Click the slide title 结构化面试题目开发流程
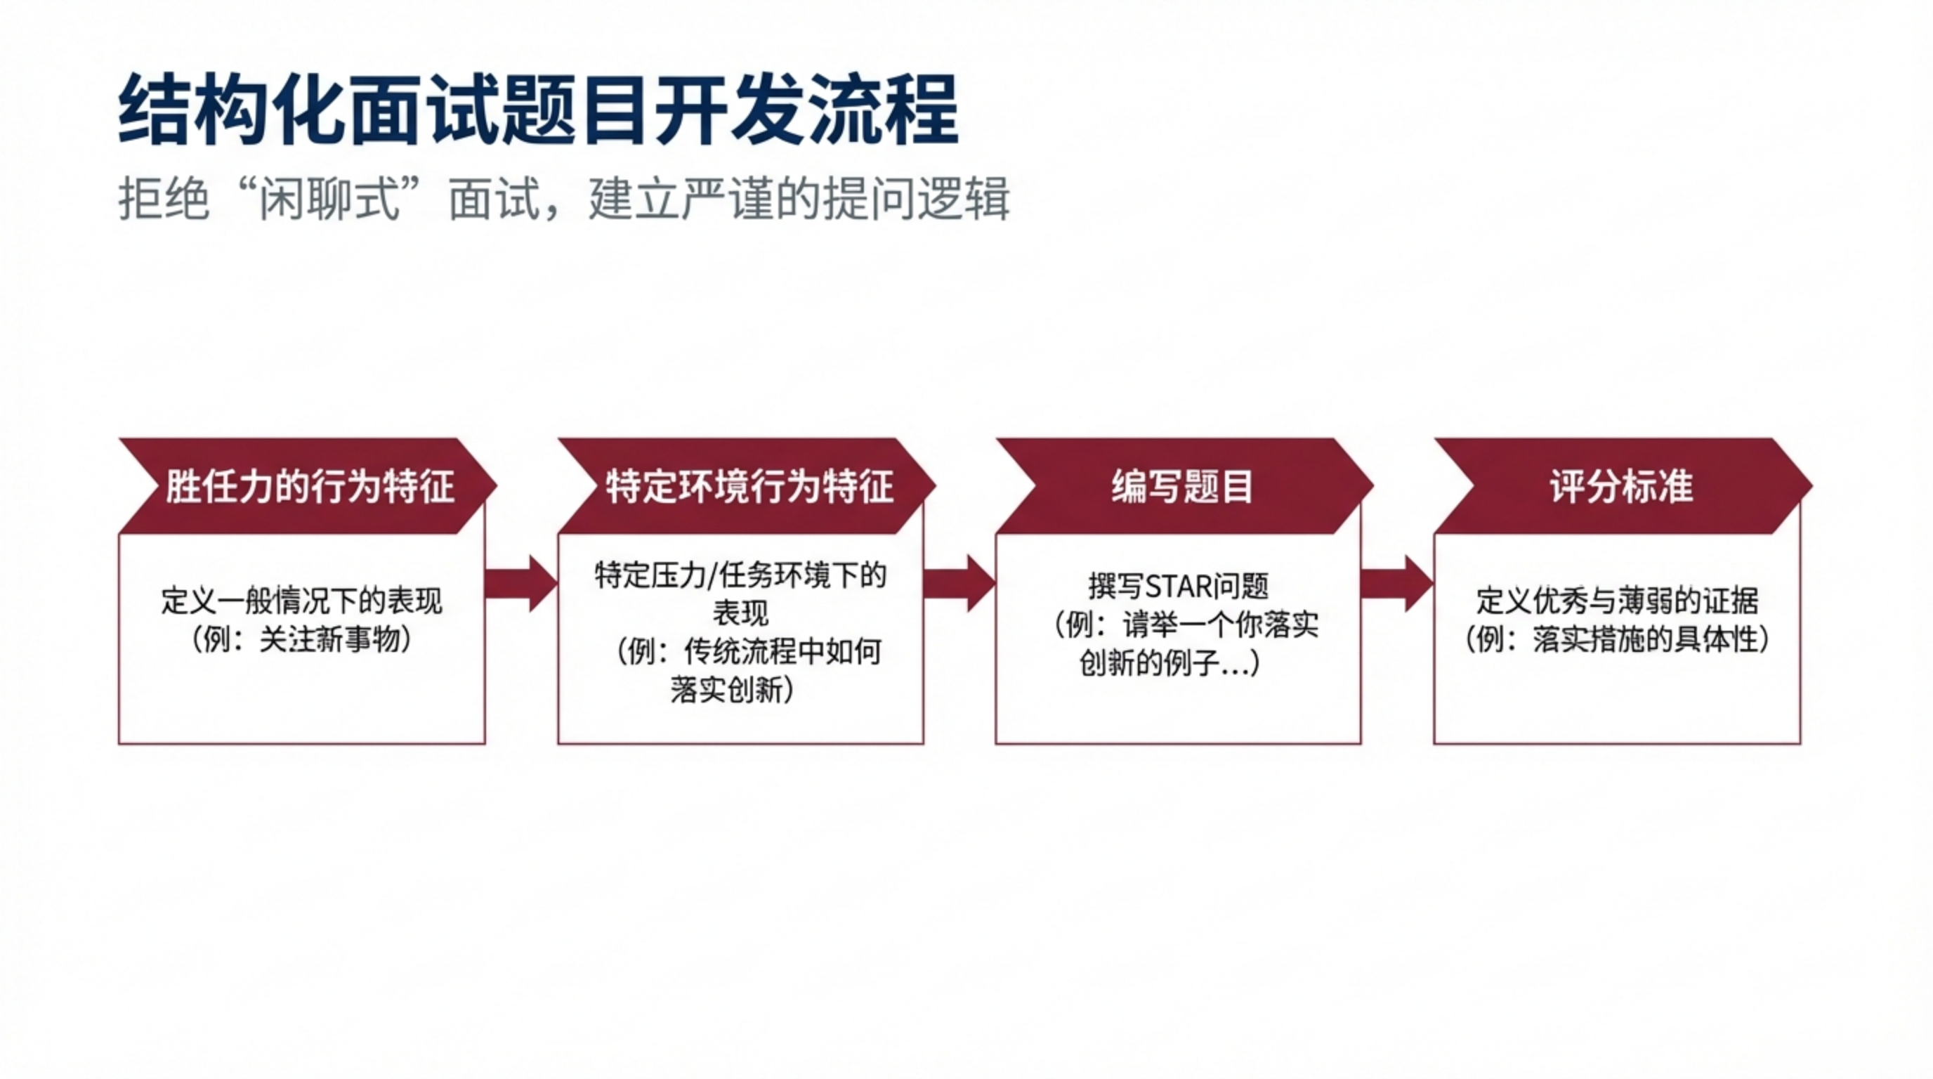(538, 109)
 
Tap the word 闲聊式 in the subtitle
(328, 200)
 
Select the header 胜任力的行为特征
(309, 486)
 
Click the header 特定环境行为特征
(749, 486)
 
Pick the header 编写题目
(1182, 486)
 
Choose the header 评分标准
(1621, 486)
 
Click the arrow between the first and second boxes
(520, 584)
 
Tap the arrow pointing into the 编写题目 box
(959, 584)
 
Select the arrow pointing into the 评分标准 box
(1396, 584)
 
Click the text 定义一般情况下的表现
(301, 601)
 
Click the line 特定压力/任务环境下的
(740, 575)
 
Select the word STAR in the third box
(1179, 587)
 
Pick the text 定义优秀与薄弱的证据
(1617, 601)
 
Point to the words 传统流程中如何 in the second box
(782, 652)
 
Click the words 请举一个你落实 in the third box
(1220, 625)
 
